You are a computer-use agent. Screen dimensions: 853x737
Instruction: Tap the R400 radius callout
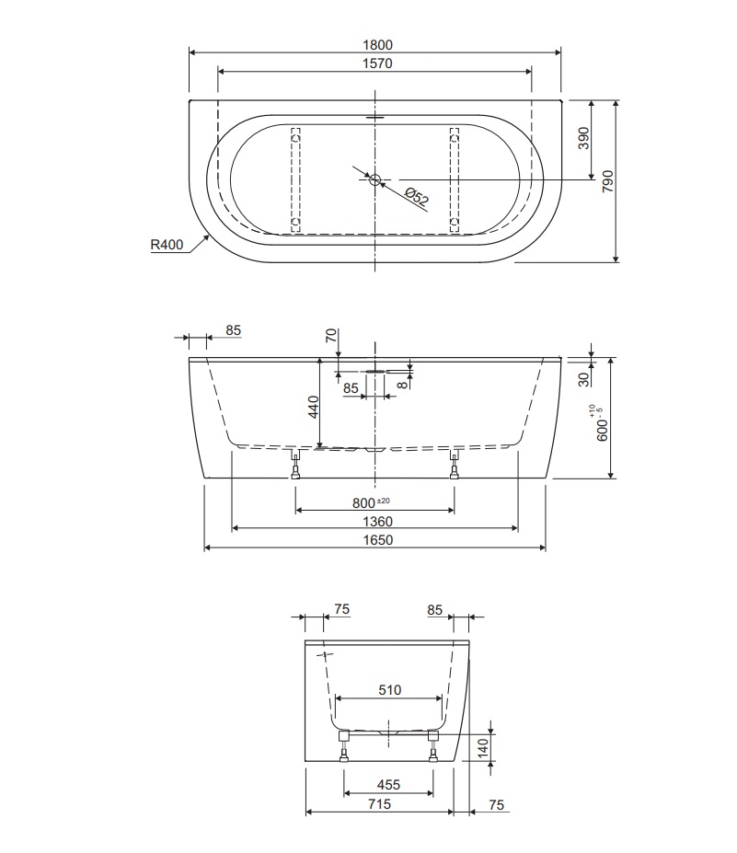(x=168, y=245)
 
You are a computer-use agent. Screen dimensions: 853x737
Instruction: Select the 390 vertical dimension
(x=583, y=139)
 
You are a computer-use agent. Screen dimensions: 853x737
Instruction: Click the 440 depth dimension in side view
(x=313, y=406)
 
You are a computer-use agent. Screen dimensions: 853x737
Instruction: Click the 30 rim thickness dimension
(x=583, y=377)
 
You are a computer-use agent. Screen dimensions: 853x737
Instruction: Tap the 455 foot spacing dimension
(x=388, y=785)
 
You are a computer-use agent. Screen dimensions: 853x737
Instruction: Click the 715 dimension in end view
(x=378, y=804)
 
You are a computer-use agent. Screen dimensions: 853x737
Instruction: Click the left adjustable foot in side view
(x=295, y=467)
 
